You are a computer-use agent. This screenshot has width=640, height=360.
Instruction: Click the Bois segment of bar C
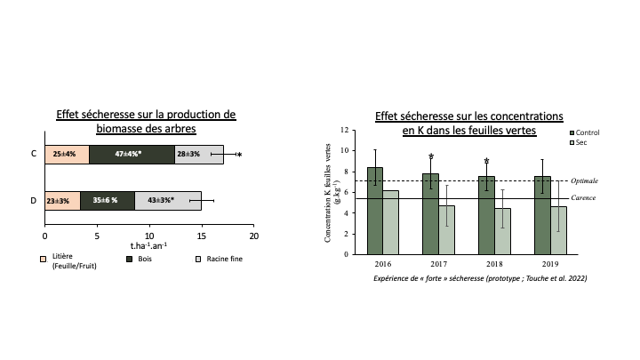(x=132, y=154)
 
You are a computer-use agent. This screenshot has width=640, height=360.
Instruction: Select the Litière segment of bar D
(x=62, y=201)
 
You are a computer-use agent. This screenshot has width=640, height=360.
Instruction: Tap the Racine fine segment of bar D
(x=168, y=201)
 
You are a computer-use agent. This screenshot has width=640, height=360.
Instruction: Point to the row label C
(x=34, y=154)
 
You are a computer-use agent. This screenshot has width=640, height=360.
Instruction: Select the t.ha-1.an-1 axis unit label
(x=148, y=246)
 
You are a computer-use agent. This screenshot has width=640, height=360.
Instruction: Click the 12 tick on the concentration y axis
(x=347, y=129)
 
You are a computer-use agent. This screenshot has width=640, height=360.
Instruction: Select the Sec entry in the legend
(x=580, y=142)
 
